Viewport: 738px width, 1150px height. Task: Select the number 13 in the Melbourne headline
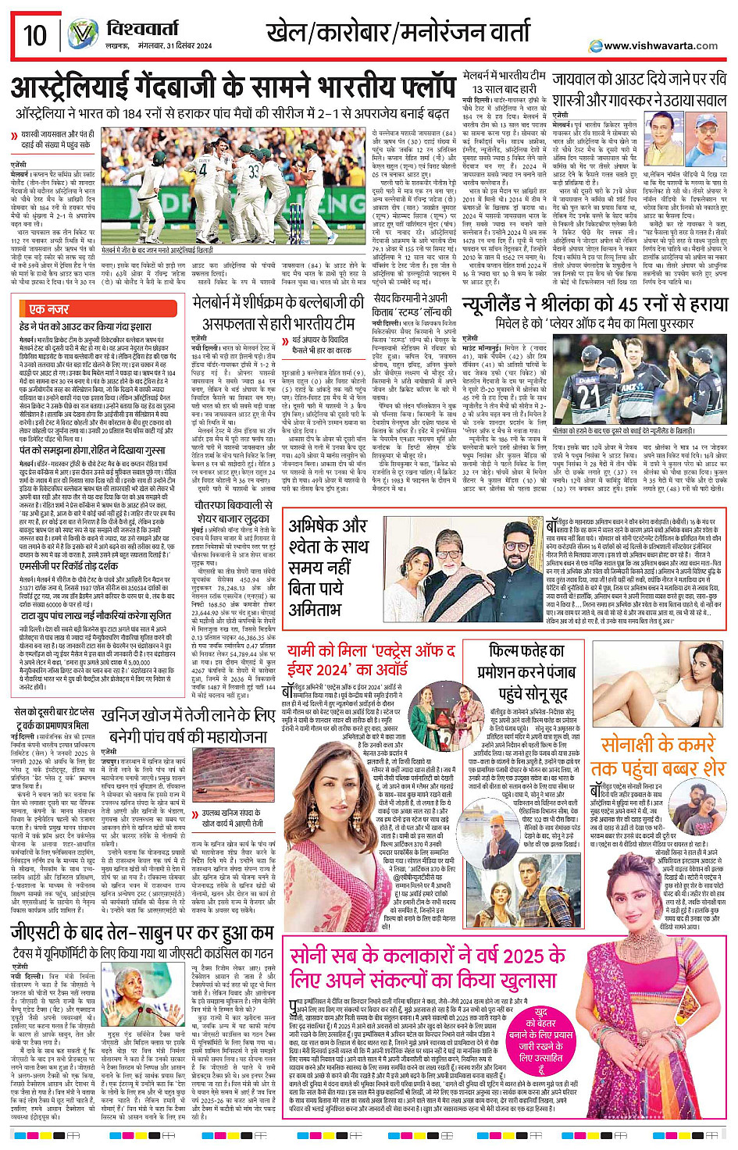click(x=473, y=91)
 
